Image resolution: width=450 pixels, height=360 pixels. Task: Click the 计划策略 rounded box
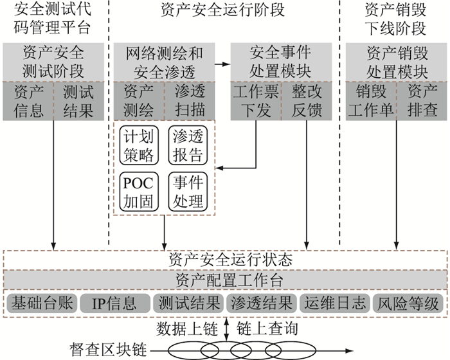click(x=138, y=146)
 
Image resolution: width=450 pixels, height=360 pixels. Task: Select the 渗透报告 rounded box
click(x=188, y=146)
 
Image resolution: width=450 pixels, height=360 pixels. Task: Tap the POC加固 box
click(x=138, y=191)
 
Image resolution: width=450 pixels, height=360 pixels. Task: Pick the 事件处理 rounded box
click(x=188, y=191)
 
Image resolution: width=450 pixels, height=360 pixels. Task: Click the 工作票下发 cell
click(x=256, y=100)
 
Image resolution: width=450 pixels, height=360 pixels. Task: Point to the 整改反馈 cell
click(x=306, y=100)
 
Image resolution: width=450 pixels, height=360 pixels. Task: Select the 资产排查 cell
click(x=422, y=100)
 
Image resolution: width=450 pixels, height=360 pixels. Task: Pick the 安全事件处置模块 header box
click(x=281, y=62)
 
